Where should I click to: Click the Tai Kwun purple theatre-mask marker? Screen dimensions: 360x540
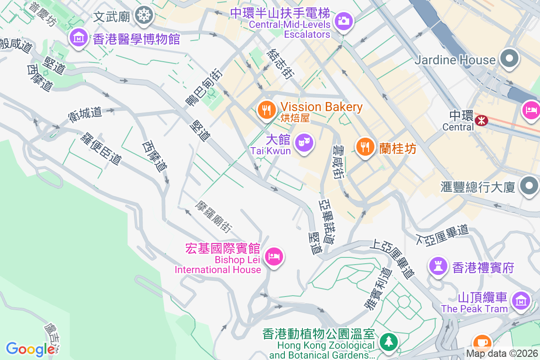pos(304,144)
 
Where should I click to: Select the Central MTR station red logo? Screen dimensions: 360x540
pos(481,120)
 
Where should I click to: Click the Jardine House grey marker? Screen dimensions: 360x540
pos(510,59)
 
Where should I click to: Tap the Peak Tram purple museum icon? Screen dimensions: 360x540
pos(521,300)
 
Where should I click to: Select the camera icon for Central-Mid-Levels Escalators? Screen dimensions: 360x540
pos(344,21)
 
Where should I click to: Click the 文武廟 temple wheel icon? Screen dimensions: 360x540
pos(144,16)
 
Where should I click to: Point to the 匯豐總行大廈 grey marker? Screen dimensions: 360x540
pos(528,186)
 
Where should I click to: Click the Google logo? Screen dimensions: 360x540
pos(30,349)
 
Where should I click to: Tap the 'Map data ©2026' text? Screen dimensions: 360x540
pos(501,353)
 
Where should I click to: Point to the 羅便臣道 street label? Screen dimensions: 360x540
pos(102,148)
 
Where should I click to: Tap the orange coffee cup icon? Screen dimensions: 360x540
pos(482,342)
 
